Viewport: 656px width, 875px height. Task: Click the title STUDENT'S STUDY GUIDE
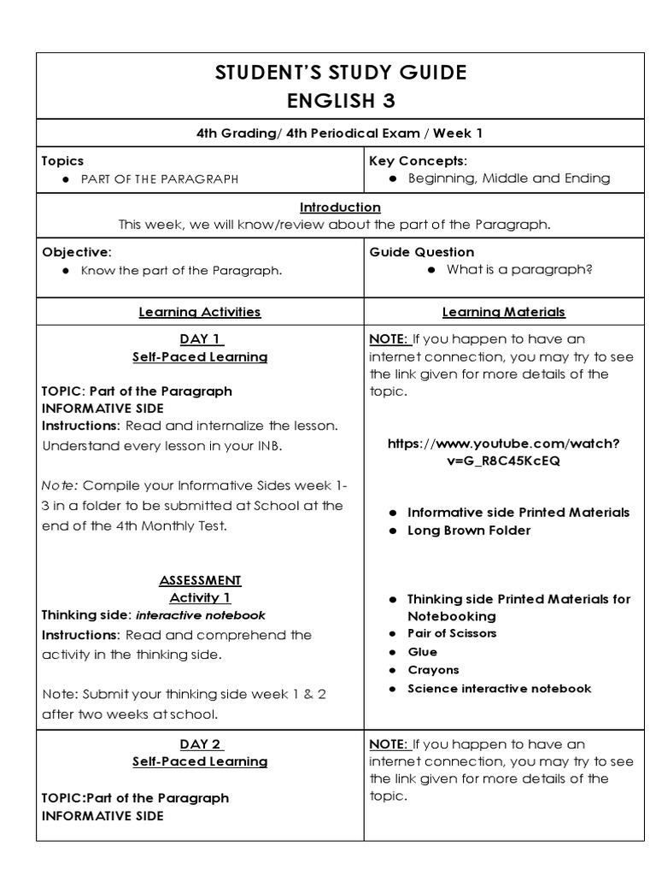click(340, 73)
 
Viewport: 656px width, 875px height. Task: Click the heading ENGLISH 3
click(340, 101)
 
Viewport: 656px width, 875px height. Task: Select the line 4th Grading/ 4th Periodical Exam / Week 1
click(340, 132)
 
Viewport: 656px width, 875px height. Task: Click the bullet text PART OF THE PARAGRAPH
click(160, 179)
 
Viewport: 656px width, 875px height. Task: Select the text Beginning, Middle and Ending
click(509, 179)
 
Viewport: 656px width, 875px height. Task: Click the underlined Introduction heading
click(340, 208)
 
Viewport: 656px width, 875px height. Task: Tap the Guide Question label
click(421, 252)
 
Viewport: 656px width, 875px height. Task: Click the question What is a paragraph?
click(519, 270)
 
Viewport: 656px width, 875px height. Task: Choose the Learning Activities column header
click(200, 312)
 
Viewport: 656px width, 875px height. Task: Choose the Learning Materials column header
click(503, 312)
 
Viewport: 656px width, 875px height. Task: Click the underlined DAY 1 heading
click(201, 339)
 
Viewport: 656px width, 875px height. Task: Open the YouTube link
click(503, 452)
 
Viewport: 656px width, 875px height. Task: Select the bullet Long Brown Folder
click(468, 531)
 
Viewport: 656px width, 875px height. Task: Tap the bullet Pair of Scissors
click(452, 633)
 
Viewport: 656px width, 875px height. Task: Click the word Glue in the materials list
click(422, 652)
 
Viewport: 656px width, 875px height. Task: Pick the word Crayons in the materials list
click(433, 670)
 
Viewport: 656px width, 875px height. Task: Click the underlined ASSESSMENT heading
click(200, 580)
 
